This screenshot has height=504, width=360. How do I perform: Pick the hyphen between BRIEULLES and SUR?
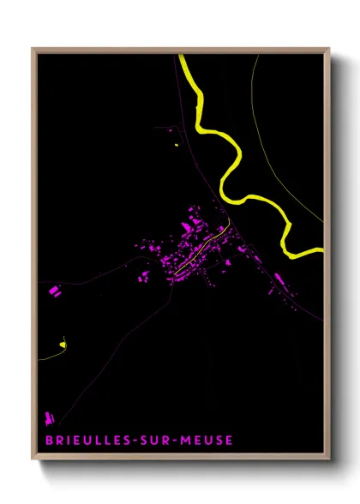click(129, 441)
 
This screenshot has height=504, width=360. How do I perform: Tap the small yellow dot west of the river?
click(177, 145)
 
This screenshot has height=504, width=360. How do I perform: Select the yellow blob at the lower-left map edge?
click(63, 345)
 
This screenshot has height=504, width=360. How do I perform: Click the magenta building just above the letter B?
click(49, 419)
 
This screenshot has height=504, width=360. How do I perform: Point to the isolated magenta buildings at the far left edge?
click(55, 291)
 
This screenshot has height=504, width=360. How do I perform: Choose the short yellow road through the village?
click(202, 249)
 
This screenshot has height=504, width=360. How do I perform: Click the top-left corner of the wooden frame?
click(33, 50)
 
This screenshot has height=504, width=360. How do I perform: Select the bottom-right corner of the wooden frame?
click(328, 460)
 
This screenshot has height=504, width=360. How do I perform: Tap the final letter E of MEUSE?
click(229, 441)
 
